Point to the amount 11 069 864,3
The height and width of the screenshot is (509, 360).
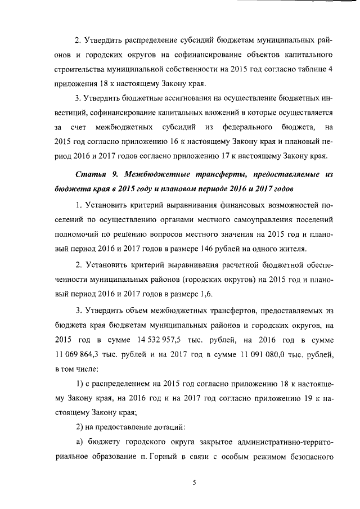[x=80, y=355]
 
